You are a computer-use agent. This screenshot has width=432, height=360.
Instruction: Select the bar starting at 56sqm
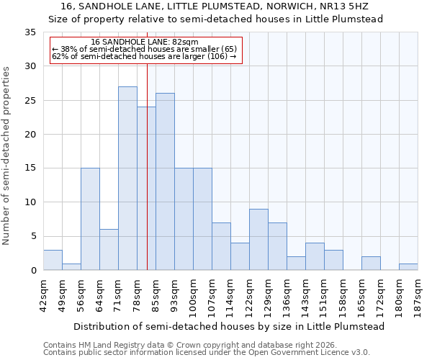(90, 219)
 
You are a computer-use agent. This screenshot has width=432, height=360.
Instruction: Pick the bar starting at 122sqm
(258, 240)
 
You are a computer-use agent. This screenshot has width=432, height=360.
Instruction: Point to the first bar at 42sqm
(53, 260)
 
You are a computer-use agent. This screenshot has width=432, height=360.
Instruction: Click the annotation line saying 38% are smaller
(145, 48)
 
